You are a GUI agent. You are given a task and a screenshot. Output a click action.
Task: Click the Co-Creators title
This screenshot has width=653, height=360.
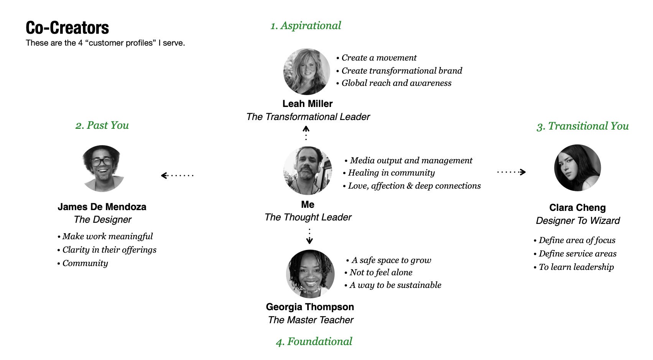[x=67, y=28]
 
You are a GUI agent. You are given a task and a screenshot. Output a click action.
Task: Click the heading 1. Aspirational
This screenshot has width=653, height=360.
[x=306, y=26]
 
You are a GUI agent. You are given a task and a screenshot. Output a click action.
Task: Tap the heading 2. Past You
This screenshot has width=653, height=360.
[x=102, y=125]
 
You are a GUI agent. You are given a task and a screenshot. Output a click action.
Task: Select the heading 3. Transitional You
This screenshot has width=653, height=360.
[x=582, y=126]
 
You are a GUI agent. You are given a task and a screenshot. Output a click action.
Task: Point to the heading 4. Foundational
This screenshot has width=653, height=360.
[x=314, y=342]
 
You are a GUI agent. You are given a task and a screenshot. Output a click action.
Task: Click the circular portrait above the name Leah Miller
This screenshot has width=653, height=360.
[x=306, y=72]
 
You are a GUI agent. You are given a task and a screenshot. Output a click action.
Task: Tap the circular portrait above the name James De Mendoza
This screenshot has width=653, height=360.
[x=103, y=168]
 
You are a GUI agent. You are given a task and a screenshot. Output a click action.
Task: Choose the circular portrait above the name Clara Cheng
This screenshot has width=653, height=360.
[x=577, y=168]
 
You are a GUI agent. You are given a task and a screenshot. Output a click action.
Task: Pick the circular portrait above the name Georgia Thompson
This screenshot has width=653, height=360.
[x=310, y=274]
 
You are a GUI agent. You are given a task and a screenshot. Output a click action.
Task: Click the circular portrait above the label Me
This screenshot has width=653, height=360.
[x=308, y=171]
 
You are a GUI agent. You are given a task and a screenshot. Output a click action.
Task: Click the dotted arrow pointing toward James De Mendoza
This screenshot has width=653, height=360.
[x=177, y=176]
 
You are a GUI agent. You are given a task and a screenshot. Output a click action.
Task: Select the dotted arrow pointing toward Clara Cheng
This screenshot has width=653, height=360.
[x=511, y=172]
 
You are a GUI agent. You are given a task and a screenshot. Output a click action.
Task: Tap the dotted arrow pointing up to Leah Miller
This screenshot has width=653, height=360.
[x=306, y=133]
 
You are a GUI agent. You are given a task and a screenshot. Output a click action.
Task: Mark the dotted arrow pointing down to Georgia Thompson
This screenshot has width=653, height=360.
[x=309, y=237]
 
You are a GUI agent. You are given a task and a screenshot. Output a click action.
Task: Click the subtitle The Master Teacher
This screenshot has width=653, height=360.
[x=311, y=320]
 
